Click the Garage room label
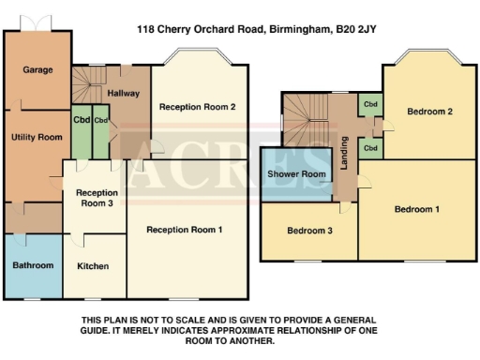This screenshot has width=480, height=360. (x=37, y=69)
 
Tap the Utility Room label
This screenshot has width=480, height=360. (x=37, y=137)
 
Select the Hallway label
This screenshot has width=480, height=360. (x=123, y=93)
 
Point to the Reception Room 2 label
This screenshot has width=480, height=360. (x=197, y=107)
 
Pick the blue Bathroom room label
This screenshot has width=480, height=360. (x=33, y=265)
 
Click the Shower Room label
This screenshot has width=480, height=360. (x=296, y=174)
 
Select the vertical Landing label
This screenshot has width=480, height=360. (x=344, y=153)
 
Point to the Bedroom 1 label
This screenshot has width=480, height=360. (x=417, y=209)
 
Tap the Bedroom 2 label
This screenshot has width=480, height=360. (x=430, y=112)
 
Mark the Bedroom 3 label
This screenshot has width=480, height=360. (x=309, y=231)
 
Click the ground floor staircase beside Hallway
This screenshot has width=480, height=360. (x=86, y=90)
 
